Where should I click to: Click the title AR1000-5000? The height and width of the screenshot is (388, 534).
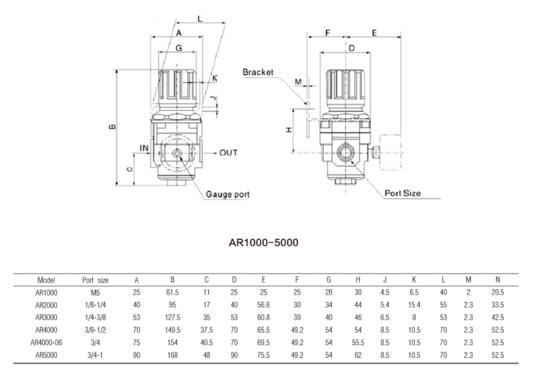click(264, 243)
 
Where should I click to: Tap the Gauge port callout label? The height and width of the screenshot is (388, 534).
click(228, 195)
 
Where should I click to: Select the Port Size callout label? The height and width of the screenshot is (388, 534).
click(403, 193)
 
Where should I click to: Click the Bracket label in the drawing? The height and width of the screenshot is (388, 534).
click(258, 72)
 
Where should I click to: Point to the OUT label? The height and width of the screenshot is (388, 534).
click(228, 153)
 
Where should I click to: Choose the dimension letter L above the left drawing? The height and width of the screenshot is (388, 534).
click(200, 19)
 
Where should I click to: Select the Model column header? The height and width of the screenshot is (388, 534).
click(46, 280)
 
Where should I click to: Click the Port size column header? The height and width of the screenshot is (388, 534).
click(95, 280)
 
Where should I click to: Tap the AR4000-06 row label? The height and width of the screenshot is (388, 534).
click(46, 343)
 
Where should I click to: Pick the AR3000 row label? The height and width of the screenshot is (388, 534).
click(46, 318)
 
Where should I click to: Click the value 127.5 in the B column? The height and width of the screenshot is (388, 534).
click(172, 318)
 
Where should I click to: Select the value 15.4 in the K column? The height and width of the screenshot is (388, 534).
click(414, 305)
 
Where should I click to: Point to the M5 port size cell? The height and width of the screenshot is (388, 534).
click(95, 292)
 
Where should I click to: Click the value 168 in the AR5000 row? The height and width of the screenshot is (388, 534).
click(172, 355)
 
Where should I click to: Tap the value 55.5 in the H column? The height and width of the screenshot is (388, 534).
click(358, 343)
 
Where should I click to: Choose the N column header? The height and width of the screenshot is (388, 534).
click(497, 280)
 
